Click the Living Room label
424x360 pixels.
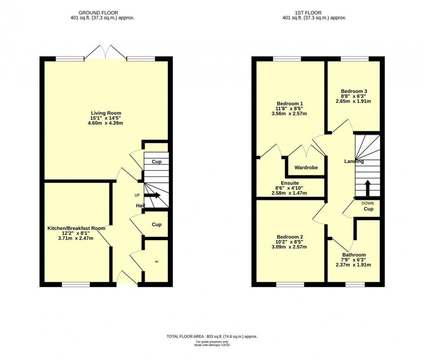tap(106, 113)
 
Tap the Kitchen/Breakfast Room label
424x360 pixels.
tap(76, 228)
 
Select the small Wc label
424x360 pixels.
tap(157, 262)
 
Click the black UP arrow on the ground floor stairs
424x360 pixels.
tap(153, 196)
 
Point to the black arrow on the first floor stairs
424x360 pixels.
tap(367, 188)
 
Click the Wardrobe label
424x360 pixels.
tap(306, 167)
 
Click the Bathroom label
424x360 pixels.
tap(354, 255)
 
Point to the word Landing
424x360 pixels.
tap(354, 161)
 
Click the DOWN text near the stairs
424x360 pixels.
tap(368, 203)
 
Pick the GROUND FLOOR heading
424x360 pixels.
tap(98, 13)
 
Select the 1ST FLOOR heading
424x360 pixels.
tap(308, 13)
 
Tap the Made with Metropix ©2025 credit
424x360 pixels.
tap(212, 345)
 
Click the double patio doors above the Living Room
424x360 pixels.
tap(106, 52)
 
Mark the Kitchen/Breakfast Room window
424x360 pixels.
tap(76, 284)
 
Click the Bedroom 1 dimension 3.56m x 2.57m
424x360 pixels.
tap(289, 114)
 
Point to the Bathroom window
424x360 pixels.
tap(355, 284)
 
